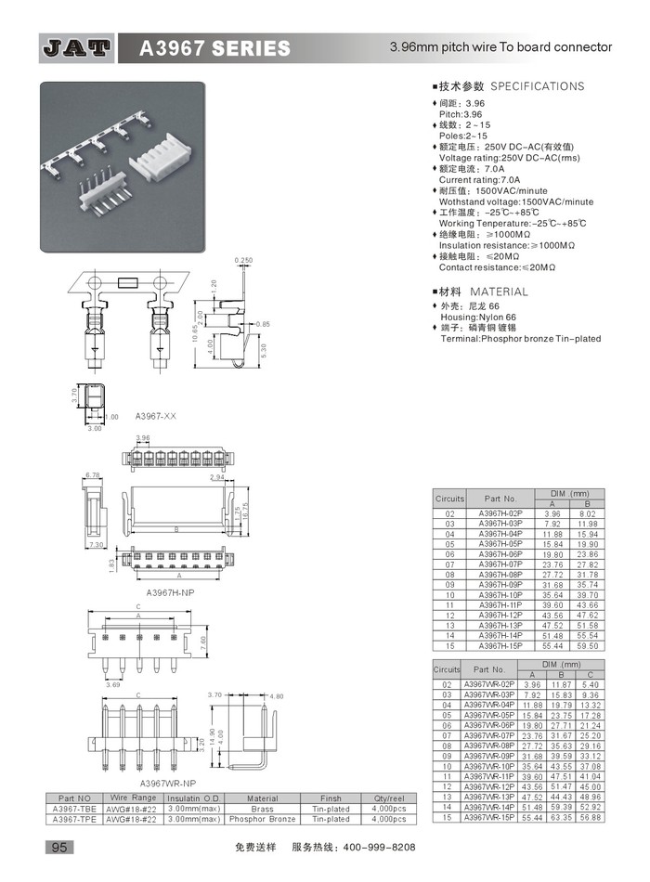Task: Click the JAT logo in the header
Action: [x=77, y=48]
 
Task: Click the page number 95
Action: [x=58, y=848]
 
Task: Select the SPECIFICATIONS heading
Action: [x=537, y=86]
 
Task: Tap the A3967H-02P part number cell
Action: [x=500, y=513]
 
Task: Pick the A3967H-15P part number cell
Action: [x=500, y=644]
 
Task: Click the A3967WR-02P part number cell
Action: [x=487, y=684]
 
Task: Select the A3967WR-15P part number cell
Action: [x=487, y=817]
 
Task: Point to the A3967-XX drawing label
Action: [x=155, y=417]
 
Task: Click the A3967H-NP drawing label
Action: [x=170, y=590]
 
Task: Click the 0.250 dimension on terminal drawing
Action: [x=244, y=260]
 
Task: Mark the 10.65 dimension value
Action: [x=194, y=329]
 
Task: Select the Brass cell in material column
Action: [x=262, y=809]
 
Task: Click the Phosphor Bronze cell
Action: [x=262, y=819]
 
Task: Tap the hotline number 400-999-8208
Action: [x=380, y=848]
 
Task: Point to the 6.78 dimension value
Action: [x=92, y=475]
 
